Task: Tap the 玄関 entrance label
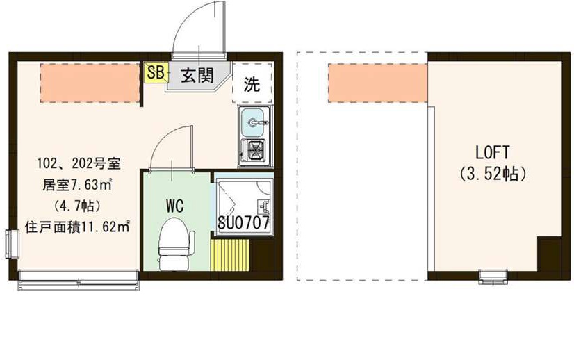197,76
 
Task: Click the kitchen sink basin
254,124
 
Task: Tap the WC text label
174,205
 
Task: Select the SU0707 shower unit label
243,223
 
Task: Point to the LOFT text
493,152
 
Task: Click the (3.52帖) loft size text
493,173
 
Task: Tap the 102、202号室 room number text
79,165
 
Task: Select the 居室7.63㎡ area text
79,185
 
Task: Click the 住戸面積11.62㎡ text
79,226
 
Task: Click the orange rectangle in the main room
90,83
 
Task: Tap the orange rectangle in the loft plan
377,82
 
